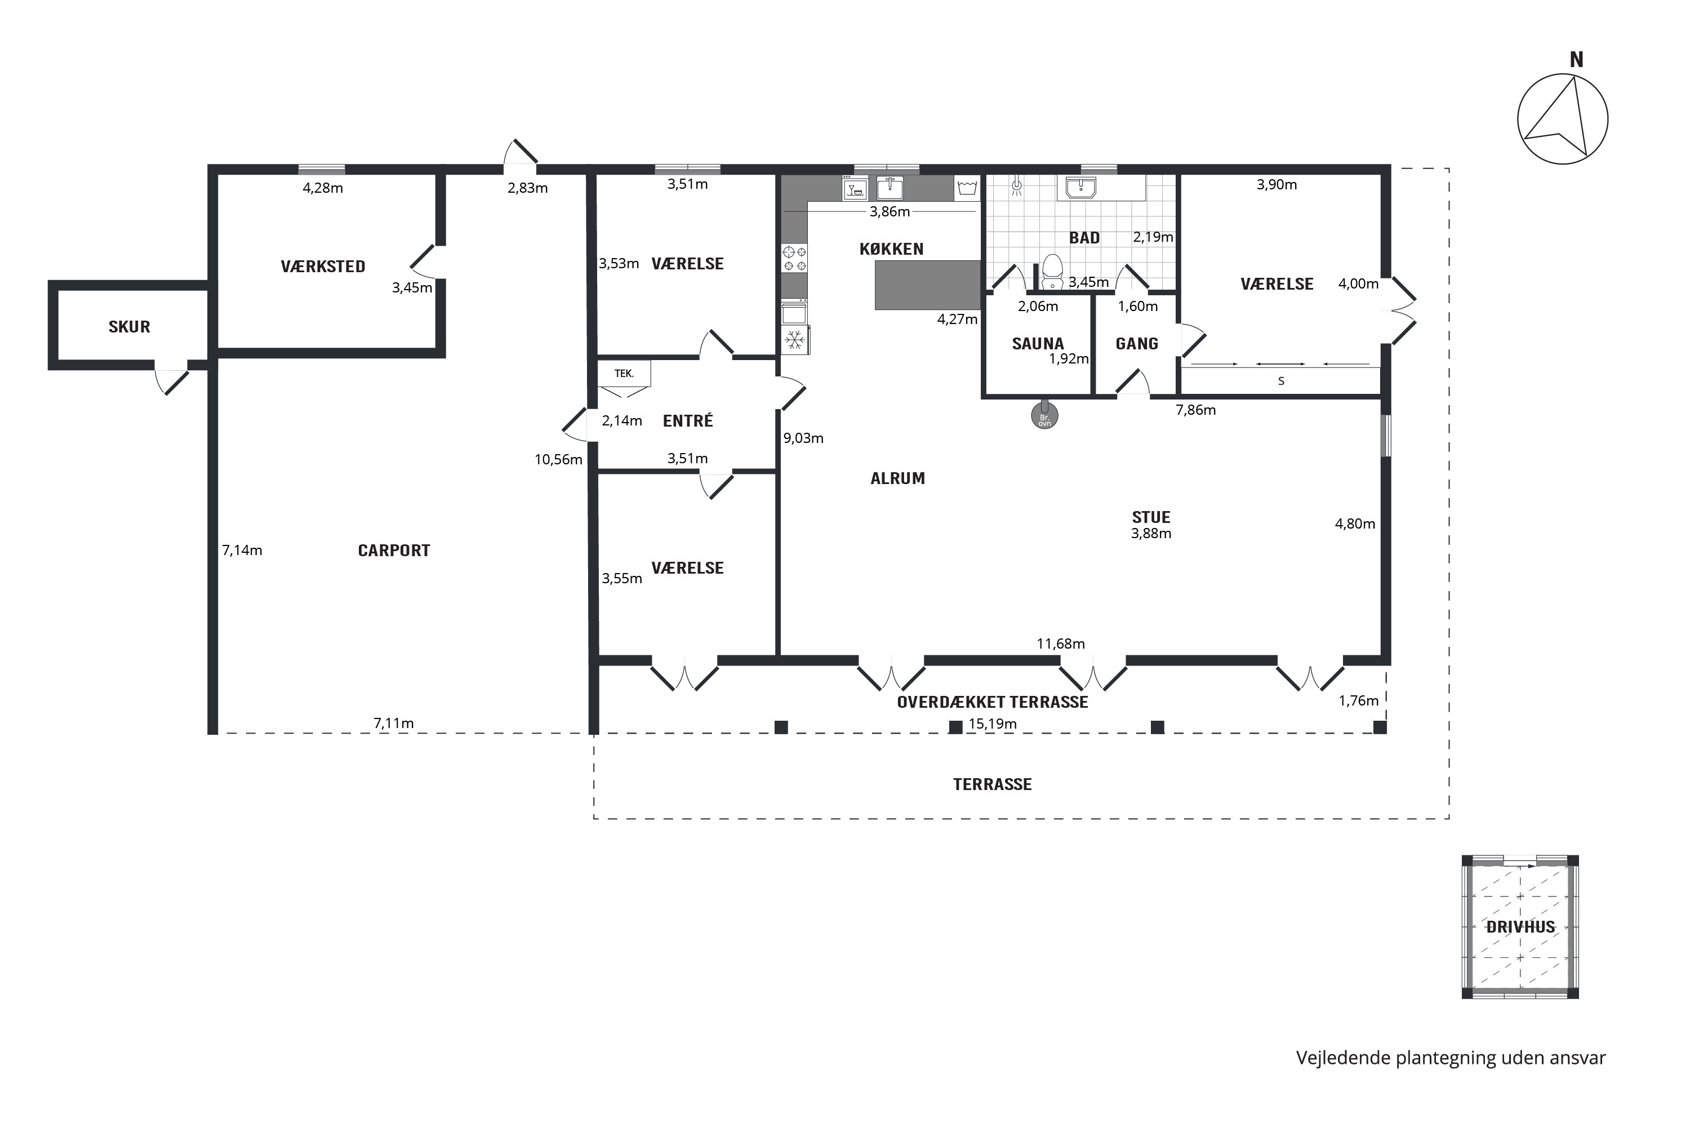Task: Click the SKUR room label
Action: click(130, 327)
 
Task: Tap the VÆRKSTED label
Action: click(323, 267)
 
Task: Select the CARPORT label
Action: click(394, 551)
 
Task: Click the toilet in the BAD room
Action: click(1053, 270)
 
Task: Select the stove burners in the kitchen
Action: click(795, 259)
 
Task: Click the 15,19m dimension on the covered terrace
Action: click(992, 724)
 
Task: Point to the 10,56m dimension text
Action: click(558, 459)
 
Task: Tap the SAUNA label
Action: click(1038, 344)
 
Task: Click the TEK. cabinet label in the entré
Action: click(624, 374)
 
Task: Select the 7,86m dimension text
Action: click(1195, 410)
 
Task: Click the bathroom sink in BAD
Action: click(1080, 188)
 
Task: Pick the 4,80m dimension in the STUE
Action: click(1355, 524)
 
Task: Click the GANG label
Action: click(1137, 344)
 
